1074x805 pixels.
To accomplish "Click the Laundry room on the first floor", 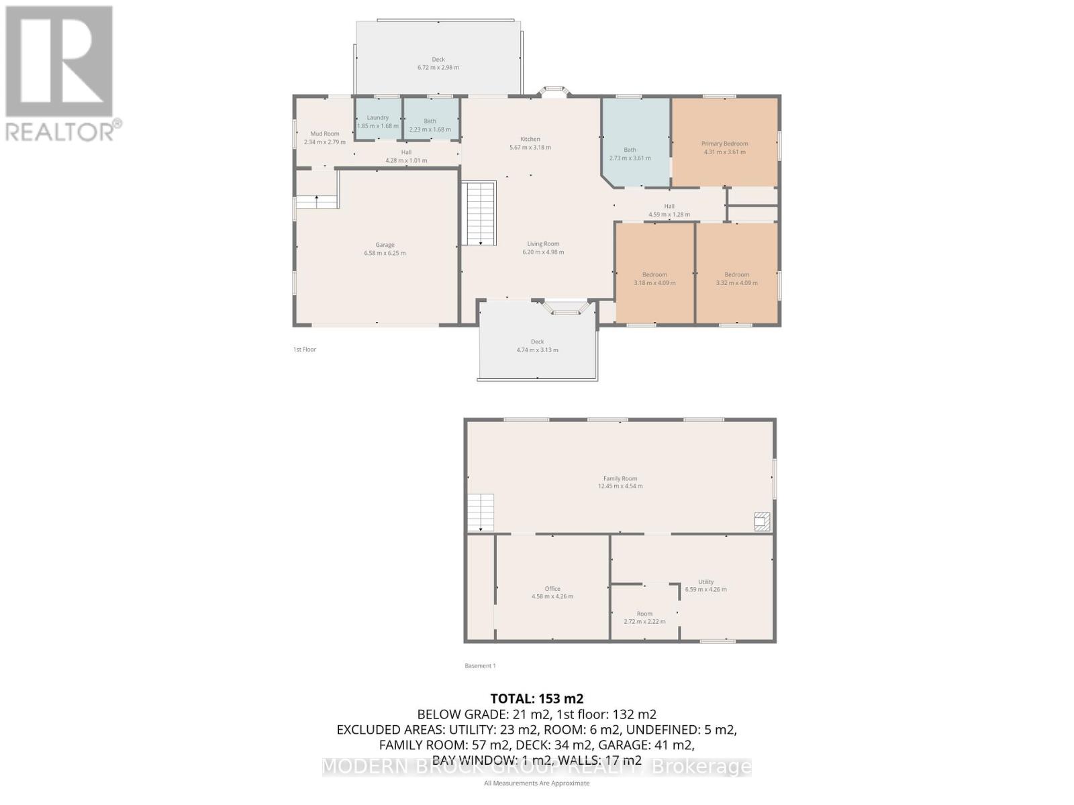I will (x=377, y=121).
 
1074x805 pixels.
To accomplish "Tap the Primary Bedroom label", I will (x=724, y=144).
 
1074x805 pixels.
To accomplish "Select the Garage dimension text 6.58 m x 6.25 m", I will (x=385, y=254).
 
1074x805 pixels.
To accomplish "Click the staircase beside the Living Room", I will (x=479, y=213).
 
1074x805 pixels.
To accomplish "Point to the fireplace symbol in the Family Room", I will (x=761, y=521).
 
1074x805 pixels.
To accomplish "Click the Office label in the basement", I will (x=552, y=589).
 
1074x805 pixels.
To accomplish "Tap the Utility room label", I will (x=705, y=582).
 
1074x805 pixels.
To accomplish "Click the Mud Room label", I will (x=324, y=133).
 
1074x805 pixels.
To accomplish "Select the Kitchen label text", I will (x=530, y=139).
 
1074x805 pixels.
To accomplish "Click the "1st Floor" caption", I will (x=304, y=350).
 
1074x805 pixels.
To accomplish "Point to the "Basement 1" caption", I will (x=480, y=666).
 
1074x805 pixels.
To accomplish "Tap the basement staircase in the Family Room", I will (x=481, y=513).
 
